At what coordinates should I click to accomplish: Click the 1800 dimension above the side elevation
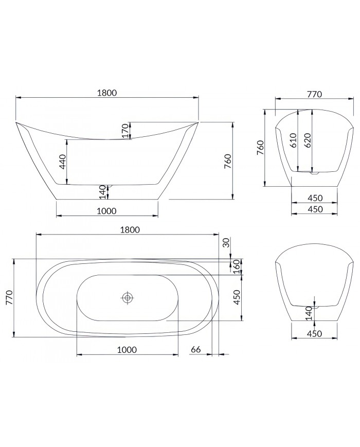coord(107,93)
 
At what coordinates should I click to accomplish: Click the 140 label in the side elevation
coord(102,192)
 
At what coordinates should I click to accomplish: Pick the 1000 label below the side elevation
coord(106,210)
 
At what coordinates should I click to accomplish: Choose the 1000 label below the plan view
coord(127,350)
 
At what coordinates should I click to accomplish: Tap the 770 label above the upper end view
coord(314,94)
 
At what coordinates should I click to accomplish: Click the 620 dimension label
coord(307,140)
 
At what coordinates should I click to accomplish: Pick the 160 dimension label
coord(237,266)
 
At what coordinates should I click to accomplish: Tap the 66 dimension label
coord(195,350)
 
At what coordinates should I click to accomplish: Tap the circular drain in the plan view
coord(127,297)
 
